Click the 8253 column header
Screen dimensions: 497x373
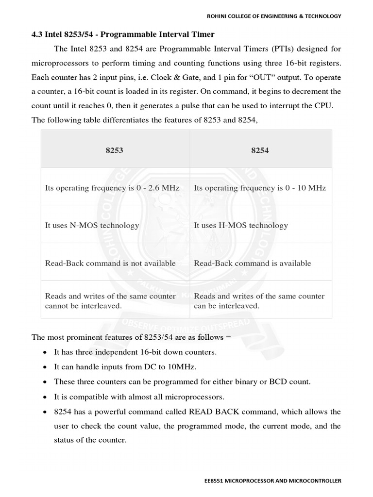tap(114, 150)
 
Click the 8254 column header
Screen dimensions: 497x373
tap(260, 150)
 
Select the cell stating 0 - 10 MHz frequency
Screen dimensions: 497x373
tap(260, 187)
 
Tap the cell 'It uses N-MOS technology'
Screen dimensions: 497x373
tap(92, 225)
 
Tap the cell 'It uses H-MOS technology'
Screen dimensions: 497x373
tap(241, 225)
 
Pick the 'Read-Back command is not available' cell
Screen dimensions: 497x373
tap(110, 263)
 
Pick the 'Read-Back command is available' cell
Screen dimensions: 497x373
tap(253, 263)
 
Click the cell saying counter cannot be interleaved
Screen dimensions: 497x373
tap(110, 301)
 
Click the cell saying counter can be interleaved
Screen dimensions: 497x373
tap(259, 301)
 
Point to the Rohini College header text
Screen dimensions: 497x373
tap(274, 16)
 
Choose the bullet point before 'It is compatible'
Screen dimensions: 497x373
tap(45, 397)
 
